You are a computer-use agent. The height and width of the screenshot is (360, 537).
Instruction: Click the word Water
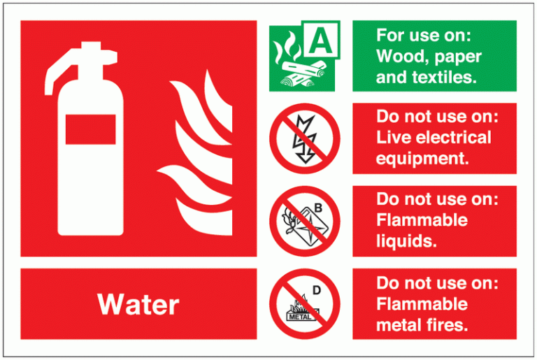click(x=138, y=305)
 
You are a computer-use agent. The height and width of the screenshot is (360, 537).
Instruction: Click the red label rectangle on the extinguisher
click(x=90, y=131)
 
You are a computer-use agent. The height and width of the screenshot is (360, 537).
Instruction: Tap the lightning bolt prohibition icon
click(x=304, y=138)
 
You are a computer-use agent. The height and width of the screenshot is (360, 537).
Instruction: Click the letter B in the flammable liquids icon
click(x=318, y=207)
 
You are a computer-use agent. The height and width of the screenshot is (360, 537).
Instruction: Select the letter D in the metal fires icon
click(x=317, y=289)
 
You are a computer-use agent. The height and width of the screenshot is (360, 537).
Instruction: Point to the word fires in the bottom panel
click(x=447, y=324)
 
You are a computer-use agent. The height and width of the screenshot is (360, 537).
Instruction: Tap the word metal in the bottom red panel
click(x=399, y=324)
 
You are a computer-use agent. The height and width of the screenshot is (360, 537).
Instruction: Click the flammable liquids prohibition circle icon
click(x=304, y=221)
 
